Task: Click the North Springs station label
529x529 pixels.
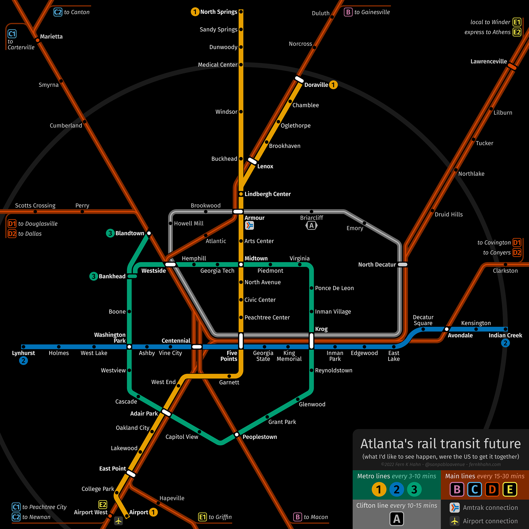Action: tap(218, 12)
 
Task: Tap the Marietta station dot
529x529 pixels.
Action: tap(37, 41)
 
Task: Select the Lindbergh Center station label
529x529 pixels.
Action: tap(267, 194)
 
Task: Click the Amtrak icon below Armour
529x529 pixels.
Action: tap(249, 226)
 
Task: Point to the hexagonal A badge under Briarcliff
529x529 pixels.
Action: tap(311, 226)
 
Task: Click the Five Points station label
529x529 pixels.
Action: tap(229, 356)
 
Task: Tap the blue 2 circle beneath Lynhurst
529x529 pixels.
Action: tap(23, 361)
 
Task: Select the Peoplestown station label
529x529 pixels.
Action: tap(260, 437)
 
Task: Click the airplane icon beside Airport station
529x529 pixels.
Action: tap(118, 521)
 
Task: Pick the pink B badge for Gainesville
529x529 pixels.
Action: tap(348, 12)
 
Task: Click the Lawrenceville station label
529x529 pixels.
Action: tap(488, 61)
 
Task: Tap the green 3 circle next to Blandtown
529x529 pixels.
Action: tap(110, 233)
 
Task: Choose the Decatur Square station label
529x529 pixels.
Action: tap(423, 320)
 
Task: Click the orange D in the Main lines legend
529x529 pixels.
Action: tap(492, 490)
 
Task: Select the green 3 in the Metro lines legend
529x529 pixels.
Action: tap(414, 490)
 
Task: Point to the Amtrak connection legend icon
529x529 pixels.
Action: tap(455, 508)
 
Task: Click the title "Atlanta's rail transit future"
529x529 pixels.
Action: tap(440, 444)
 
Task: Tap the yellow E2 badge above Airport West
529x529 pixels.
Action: tap(102, 504)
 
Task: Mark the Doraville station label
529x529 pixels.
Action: tap(316, 85)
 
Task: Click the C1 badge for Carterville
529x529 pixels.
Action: tap(12, 34)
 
